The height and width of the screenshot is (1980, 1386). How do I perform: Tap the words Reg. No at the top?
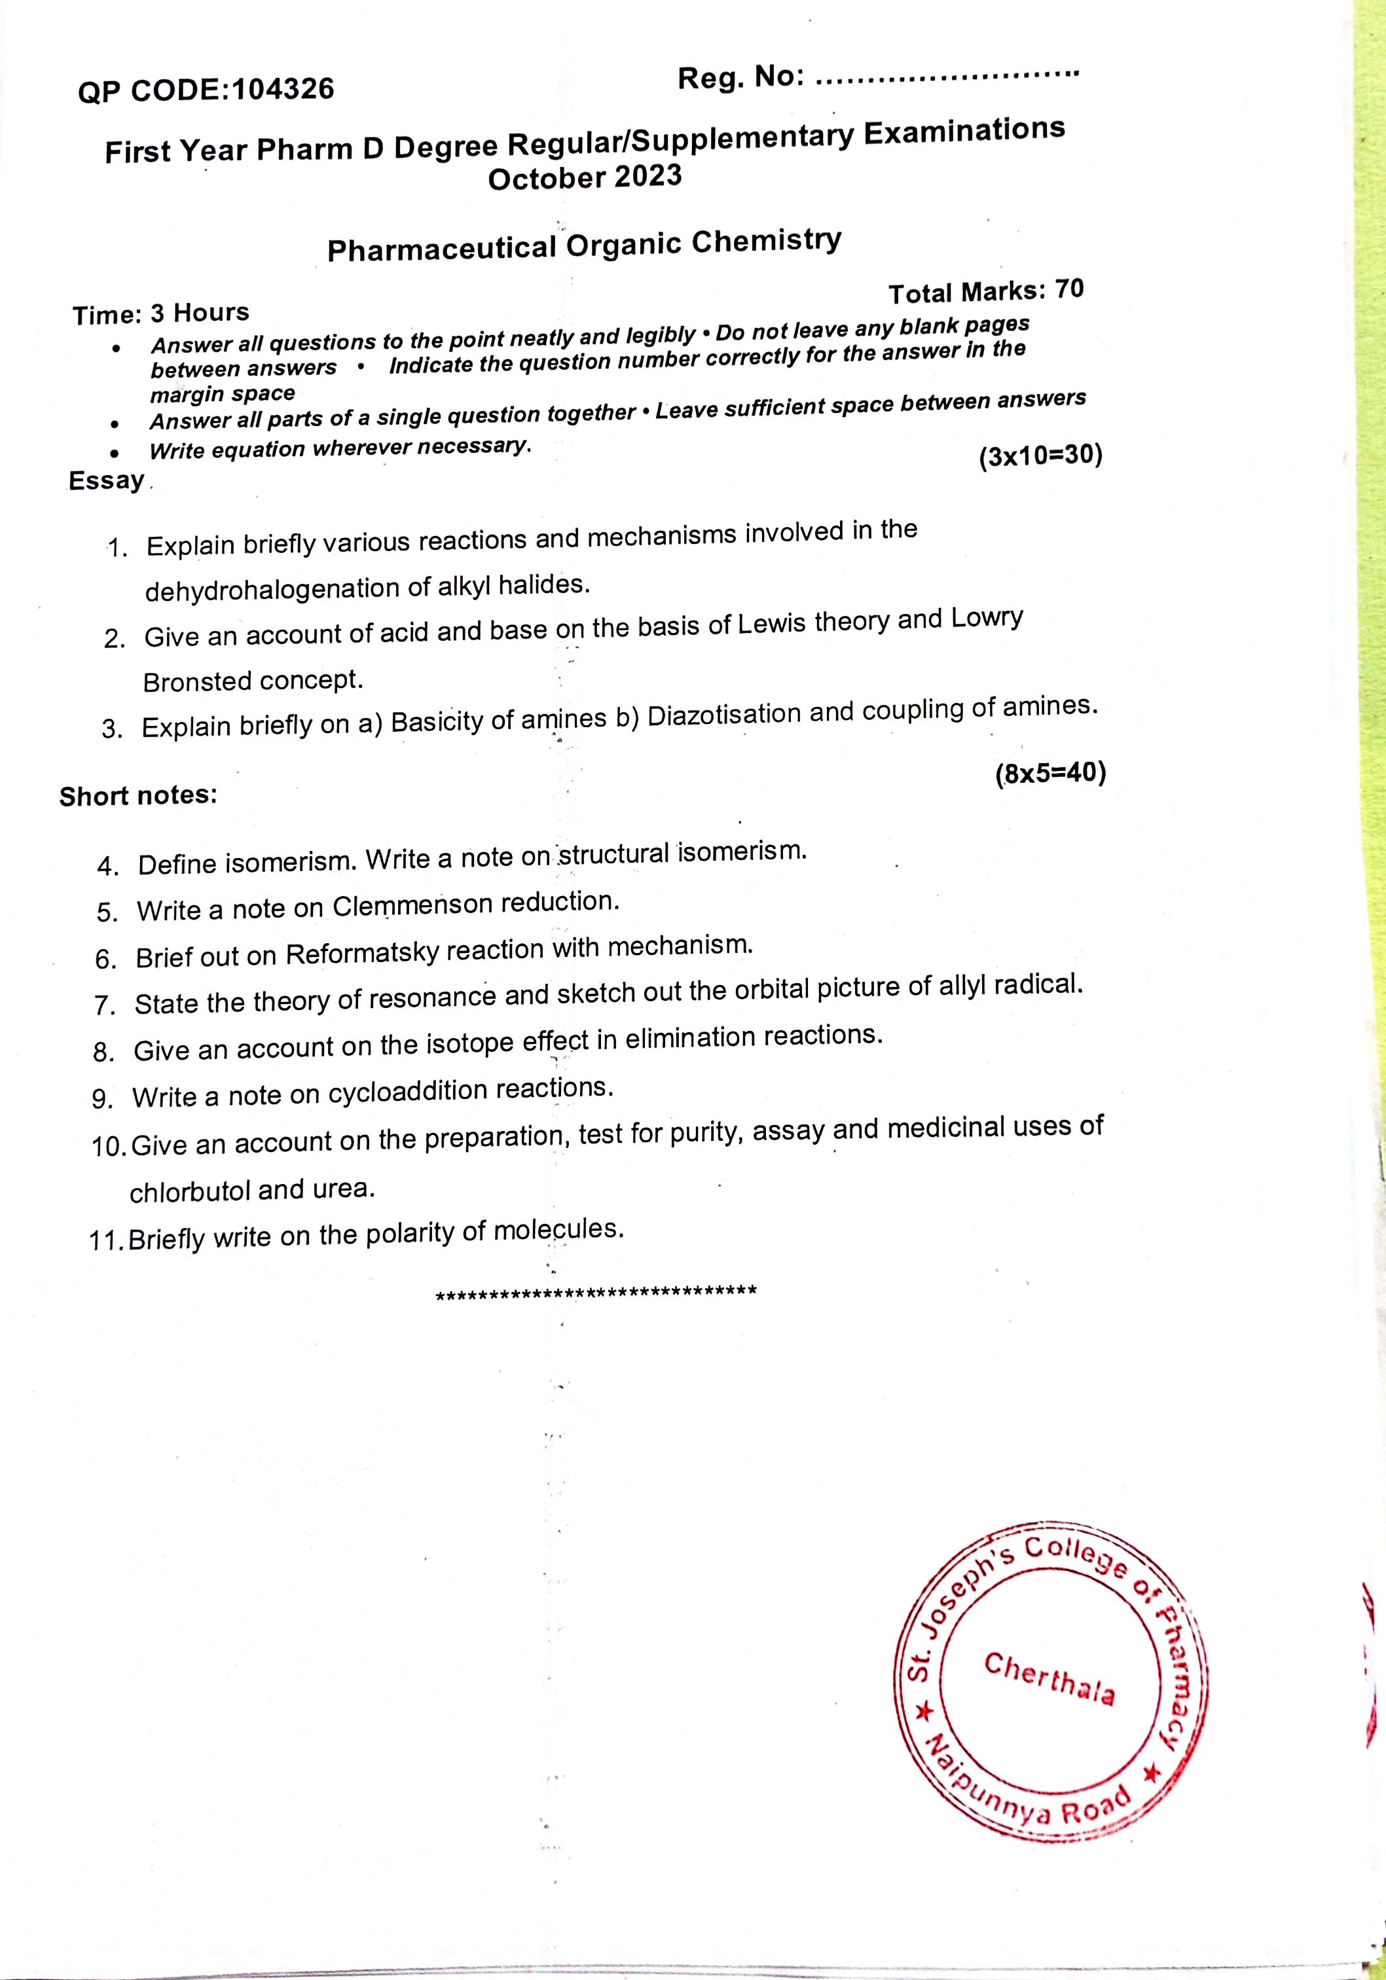740,79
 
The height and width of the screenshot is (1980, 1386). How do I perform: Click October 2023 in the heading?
584,177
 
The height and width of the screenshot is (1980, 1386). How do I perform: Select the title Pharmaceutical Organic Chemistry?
584,245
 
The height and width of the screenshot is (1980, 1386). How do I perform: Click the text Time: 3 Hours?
161,313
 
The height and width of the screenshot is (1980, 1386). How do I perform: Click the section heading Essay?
107,480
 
